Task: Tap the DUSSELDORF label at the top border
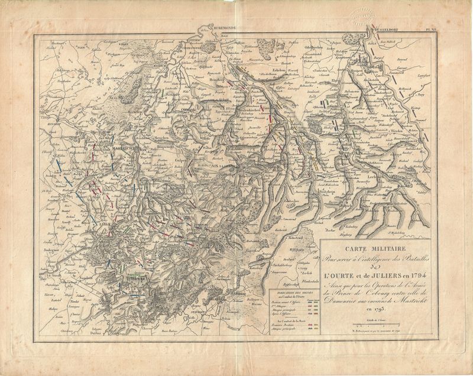coord(383,28)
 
